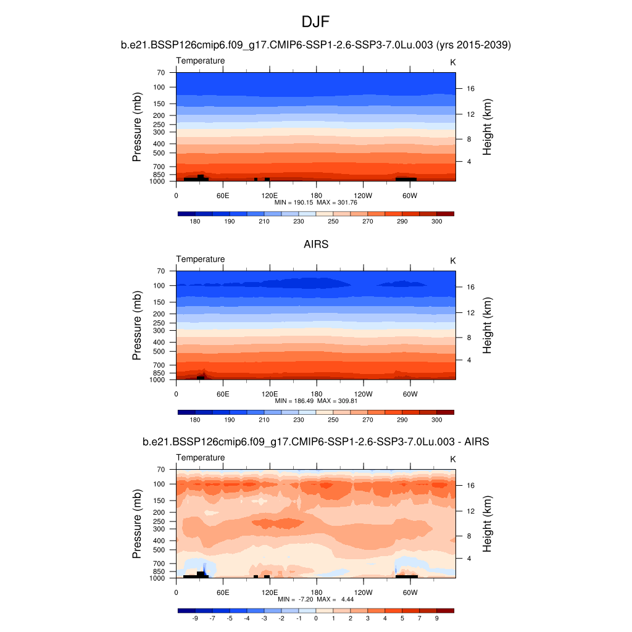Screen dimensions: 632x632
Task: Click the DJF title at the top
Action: pos(315,23)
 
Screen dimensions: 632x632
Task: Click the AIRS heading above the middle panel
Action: pos(315,244)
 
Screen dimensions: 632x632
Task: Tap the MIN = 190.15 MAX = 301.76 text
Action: pos(315,202)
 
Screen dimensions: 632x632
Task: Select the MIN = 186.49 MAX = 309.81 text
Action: pos(315,401)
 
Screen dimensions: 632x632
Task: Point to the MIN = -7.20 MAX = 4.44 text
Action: pos(315,599)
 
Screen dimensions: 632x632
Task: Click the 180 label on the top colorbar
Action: pos(195,221)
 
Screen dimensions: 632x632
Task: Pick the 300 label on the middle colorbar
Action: pos(436,420)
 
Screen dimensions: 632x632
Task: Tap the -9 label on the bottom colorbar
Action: pos(195,618)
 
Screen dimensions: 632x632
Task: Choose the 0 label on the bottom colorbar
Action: pos(315,618)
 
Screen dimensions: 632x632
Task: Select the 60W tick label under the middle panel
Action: pos(410,394)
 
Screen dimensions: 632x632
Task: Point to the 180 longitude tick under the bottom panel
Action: pos(316,592)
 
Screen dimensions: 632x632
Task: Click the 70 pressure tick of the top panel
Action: pos(160,73)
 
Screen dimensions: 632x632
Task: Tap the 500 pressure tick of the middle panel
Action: pos(159,352)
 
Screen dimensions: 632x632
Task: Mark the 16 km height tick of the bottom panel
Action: pos(470,486)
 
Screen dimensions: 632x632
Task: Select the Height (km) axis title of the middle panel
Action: pos(487,325)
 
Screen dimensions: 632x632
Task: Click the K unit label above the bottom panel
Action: pos(452,459)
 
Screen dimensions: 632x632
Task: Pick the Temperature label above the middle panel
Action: pos(201,259)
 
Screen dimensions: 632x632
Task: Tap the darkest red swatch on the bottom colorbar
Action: pos(445,610)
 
